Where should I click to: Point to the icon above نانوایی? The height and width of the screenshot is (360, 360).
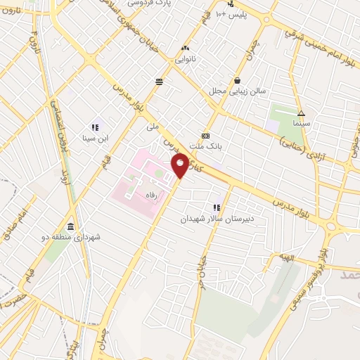click(x=185, y=48)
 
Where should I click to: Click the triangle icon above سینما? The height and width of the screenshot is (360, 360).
click(x=301, y=112)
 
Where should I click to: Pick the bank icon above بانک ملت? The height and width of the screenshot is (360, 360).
click(x=205, y=136)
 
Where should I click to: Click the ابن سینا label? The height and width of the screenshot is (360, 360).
click(x=94, y=139)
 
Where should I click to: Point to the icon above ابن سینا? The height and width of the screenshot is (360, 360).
click(x=94, y=127)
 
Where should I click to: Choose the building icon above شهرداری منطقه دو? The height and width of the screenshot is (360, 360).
click(x=71, y=226)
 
